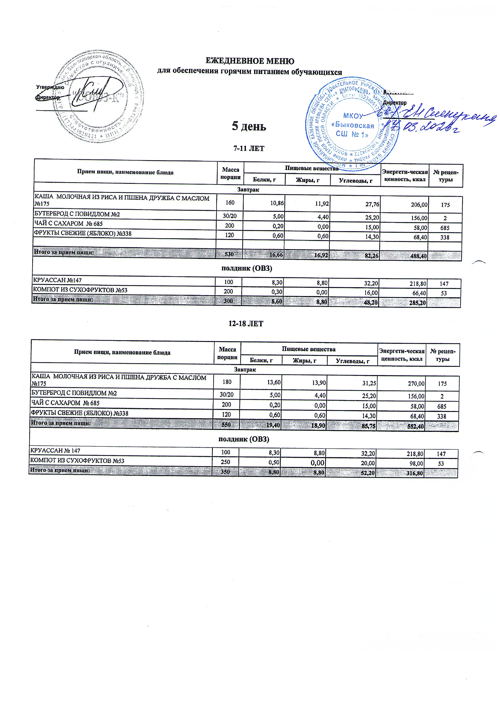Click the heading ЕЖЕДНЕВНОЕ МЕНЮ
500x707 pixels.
pyautogui.click(x=250, y=61)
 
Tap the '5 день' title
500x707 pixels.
pyautogui.click(x=249, y=126)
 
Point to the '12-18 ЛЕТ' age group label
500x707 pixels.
pyautogui.click(x=246, y=324)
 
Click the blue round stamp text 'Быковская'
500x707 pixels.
pyautogui.click(x=354, y=126)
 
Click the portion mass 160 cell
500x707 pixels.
pyautogui.click(x=230, y=203)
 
